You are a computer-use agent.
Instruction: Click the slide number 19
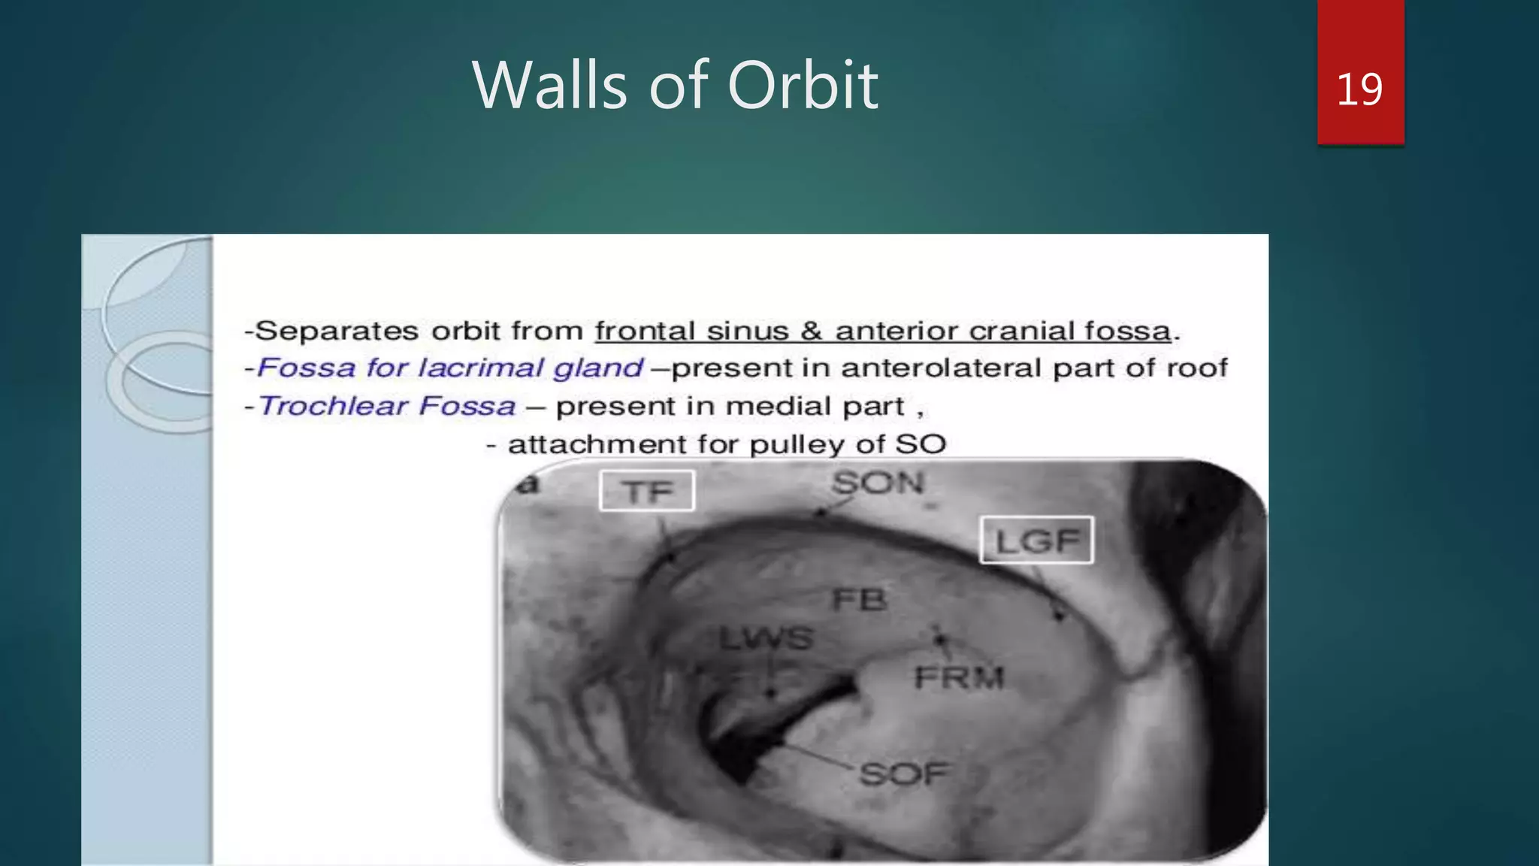click(x=1359, y=89)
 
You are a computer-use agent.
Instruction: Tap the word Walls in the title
click(x=549, y=85)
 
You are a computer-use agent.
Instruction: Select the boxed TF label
click(x=647, y=492)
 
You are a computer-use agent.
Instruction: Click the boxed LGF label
click(x=1036, y=540)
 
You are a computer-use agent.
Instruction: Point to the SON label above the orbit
click(x=877, y=483)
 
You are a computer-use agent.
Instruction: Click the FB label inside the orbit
click(x=860, y=599)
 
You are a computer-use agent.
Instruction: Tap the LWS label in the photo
click(x=766, y=639)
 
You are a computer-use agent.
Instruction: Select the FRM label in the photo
click(x=959, y=678)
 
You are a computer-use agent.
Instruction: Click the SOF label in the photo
click(x=903, y=774)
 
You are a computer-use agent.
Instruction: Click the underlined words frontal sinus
click(x=691, y=331)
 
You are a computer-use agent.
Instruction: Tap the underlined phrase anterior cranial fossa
click(x=1003, y=331)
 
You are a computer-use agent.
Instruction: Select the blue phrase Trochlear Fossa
click(x=387, y=406)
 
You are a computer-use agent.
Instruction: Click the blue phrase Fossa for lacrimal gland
click(x=450, y=368)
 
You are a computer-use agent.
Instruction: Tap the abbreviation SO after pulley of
click(x=921, y=444)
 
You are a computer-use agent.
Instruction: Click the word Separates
click(x=337, y=331)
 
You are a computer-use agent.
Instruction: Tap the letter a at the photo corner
click(x=528, y=484)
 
